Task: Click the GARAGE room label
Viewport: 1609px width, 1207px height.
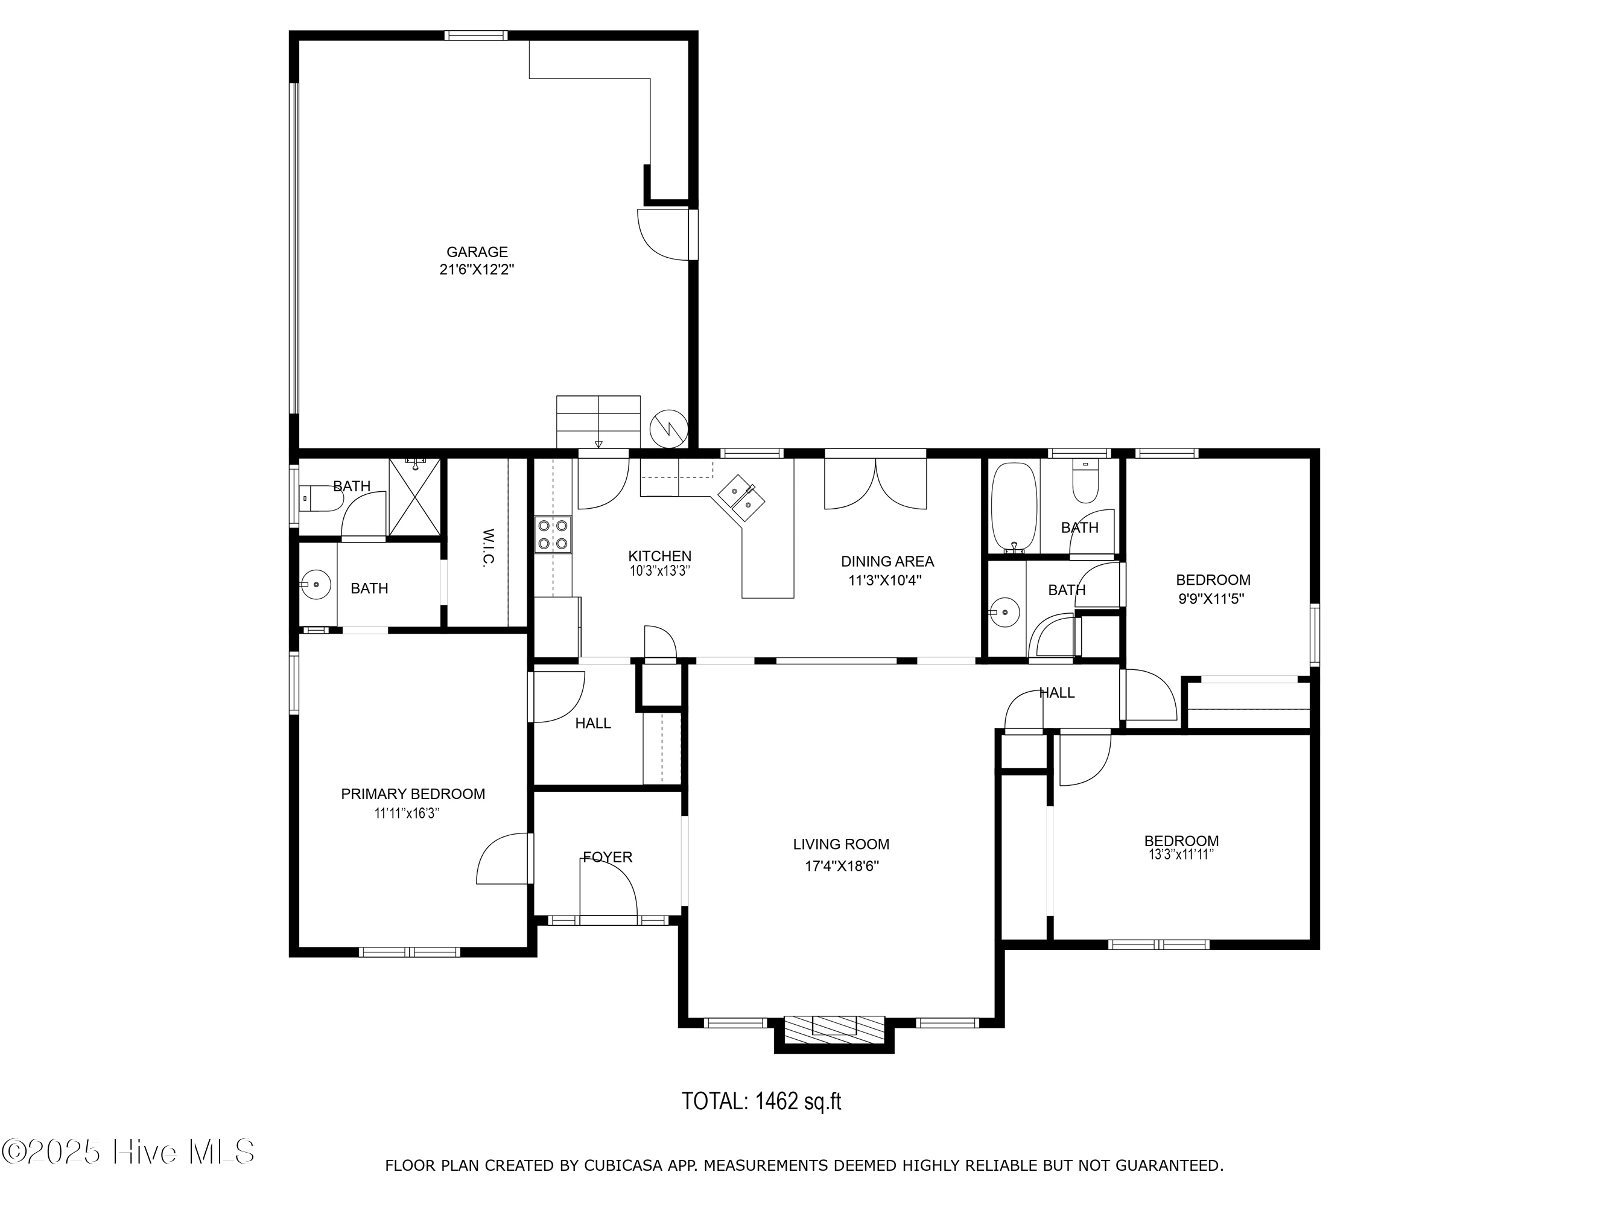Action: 477,252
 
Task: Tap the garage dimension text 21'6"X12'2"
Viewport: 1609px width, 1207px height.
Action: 477,270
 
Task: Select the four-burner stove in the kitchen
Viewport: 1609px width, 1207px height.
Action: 553,534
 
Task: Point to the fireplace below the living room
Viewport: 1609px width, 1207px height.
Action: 834,1026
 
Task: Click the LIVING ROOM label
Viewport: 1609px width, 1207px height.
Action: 841,844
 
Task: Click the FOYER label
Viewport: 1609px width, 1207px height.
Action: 608,857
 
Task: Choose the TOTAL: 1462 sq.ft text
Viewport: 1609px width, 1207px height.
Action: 761,1101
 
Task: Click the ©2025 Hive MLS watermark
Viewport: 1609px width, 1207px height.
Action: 128,1151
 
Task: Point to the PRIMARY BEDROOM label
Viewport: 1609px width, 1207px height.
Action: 413,794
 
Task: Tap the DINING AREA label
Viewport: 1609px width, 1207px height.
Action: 887,561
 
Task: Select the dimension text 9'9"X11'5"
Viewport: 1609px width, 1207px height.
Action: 1212,599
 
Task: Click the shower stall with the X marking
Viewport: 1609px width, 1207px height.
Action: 414,497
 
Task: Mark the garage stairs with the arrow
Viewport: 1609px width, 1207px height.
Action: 598,422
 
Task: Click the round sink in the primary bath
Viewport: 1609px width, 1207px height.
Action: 315,584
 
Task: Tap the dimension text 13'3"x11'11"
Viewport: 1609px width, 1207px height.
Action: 1181,855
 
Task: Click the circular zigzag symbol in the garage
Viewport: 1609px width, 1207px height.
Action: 668,428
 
